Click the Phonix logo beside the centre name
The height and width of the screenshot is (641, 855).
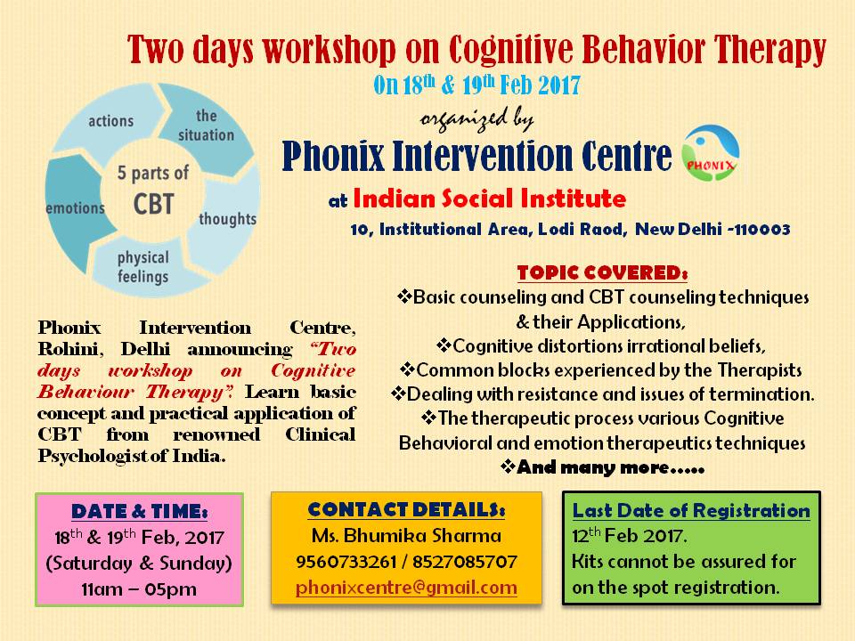(710, 154)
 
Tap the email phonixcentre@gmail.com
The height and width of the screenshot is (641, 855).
(407, 588)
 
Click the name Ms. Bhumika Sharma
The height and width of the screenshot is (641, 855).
(406, 537)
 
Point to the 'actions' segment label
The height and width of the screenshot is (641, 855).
(110, 120)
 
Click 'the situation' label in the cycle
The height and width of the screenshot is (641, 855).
(207, 126)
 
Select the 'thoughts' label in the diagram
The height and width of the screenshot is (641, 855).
(227, 218)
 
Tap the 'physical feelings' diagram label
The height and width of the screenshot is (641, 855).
(142, 267)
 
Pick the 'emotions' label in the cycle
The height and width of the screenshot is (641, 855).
(76, 208)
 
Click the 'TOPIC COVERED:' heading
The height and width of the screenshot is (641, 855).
(602, 272)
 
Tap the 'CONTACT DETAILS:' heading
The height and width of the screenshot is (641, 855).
(406, 510)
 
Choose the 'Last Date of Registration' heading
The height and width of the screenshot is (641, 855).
(691, 511)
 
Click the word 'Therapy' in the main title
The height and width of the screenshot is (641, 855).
(765, 51)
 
